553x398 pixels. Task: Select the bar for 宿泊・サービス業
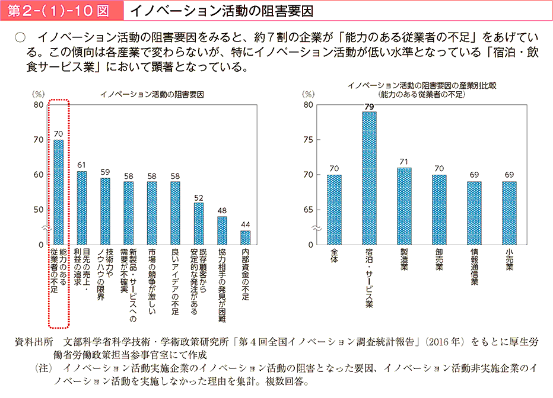click(369, 178)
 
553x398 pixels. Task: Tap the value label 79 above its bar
click(369, 107)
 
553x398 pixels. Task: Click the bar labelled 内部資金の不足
click(245, 237)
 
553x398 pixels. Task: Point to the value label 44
click(245, 224)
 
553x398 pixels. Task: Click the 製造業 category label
click(404, 261)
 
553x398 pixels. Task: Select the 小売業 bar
click(509, 213)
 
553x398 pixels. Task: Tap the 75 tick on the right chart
click(308, 140)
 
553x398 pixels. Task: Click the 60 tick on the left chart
click(38, 175)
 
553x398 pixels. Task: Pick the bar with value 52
click(198, 223)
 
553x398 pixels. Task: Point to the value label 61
click(81, 165)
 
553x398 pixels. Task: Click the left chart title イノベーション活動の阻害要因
click(152, 95)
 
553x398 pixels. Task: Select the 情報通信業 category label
click(474, 268)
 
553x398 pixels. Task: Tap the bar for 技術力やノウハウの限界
click(105, 211)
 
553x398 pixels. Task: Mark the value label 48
click(222, 210)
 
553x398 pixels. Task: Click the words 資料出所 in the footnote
click(36, 342)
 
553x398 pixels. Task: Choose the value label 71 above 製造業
click(404, 162)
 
